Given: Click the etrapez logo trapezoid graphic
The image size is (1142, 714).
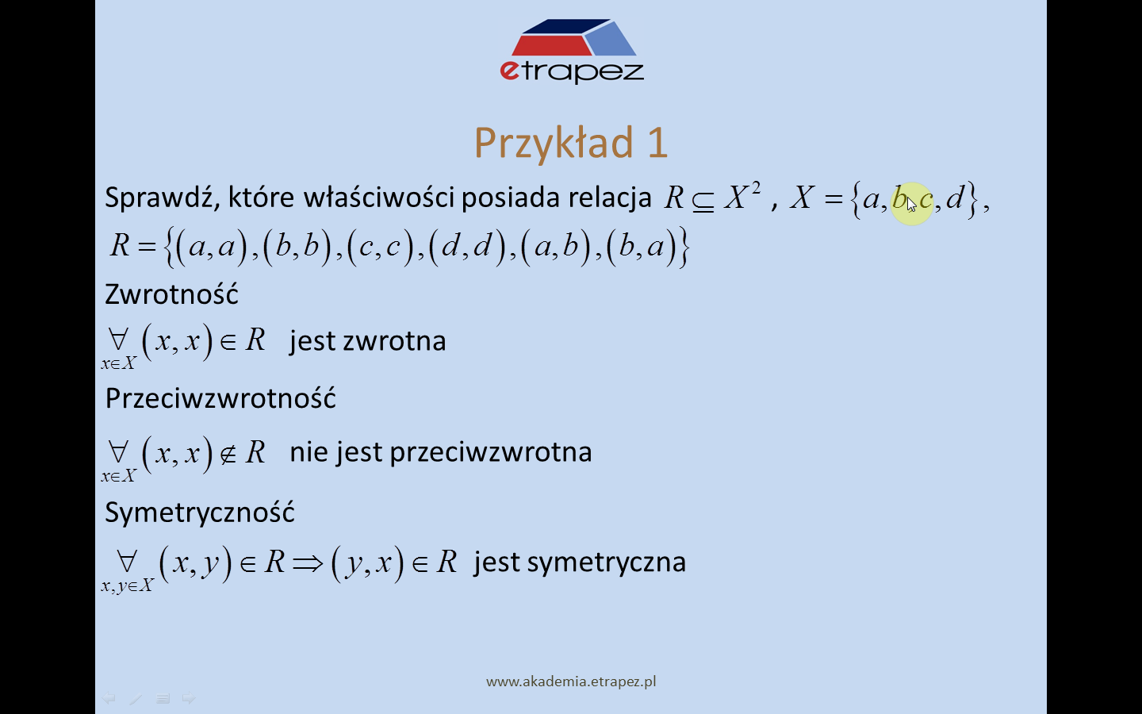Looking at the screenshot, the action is point(574,37).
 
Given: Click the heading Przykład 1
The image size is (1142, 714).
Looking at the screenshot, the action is point(570,143).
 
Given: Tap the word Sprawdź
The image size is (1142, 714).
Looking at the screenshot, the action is point(163,198).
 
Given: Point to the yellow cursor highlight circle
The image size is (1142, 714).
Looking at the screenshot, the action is point(912,203).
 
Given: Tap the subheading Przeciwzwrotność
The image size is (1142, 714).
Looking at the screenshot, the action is point(220,397).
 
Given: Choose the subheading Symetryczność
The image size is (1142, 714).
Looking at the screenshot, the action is point(199,512).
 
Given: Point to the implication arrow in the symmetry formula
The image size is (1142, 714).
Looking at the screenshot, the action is point(308,563).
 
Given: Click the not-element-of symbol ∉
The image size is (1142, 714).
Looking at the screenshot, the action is point(228,454).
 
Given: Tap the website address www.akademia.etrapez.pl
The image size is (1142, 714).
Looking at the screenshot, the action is point(571,682).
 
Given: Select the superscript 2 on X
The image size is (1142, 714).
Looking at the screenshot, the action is point(756,189).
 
